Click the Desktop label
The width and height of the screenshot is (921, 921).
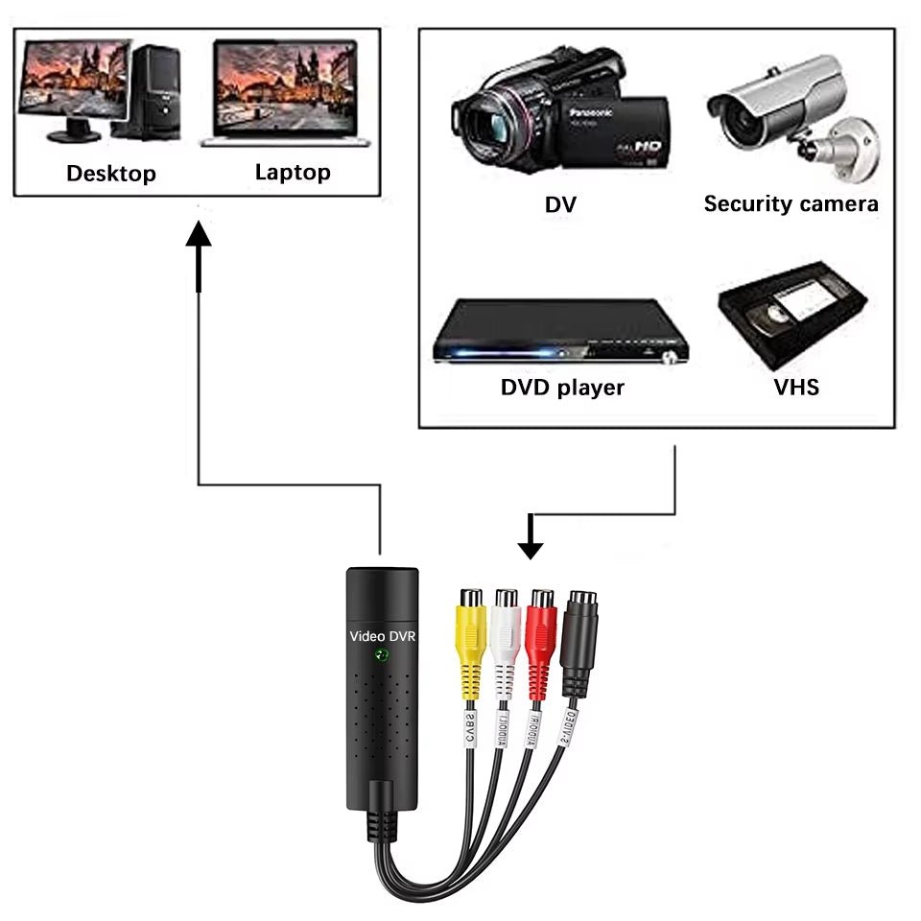[111, 174]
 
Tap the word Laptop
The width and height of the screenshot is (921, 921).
[293, 172]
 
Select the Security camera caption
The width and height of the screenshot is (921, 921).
[791, 203]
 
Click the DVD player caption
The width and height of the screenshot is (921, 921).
[562, 388]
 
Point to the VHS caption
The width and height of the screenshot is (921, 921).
[796, 388]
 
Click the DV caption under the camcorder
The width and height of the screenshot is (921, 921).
[561, 203]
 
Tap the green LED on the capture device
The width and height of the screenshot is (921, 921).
[383, 656]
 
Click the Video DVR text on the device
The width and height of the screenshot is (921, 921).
[383, 635]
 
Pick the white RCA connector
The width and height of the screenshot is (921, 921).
[506, 633]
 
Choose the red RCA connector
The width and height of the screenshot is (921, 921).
[541, 633]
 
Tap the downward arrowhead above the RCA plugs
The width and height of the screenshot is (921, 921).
[531, 548]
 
